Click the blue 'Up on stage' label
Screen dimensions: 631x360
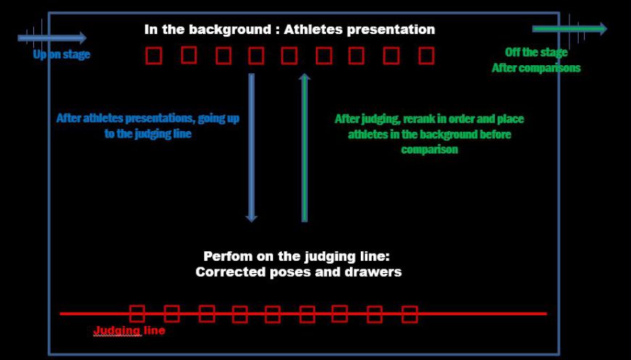[x=62, y=54]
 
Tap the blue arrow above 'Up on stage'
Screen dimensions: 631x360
[x=52, y=38]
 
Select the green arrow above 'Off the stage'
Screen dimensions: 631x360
[x=569, y=28]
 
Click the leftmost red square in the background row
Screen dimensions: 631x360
[x=154, y=56]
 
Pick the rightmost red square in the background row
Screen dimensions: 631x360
[x=426, y=56]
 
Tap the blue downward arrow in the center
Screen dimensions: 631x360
[x=251, y=148]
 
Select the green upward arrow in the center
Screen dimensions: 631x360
[x=305, y=148]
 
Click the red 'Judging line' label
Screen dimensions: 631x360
[x=129, y=330]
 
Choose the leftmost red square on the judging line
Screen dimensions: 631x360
[x=137, y=314]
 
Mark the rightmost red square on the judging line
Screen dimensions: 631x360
[x=409, y=314]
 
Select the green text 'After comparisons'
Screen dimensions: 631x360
[x=536, y=68]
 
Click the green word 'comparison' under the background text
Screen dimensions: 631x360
[x=430, y=150]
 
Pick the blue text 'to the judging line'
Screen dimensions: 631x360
[x=148, y=133]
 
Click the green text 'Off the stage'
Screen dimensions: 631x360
[x=536, y=53]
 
